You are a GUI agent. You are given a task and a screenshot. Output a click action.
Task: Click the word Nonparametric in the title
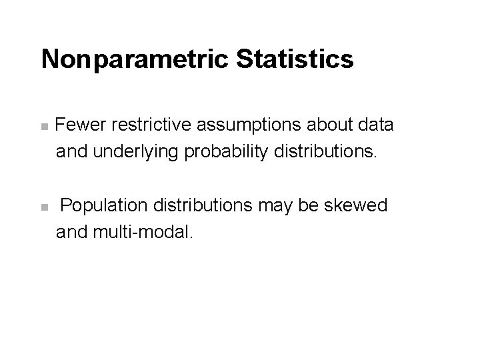pos(134,59)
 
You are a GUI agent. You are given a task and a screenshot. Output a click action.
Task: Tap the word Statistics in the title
pos(294,59)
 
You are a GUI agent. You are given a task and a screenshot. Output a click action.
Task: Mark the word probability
pos(223,153)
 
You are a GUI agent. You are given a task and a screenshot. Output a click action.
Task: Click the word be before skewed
pos(312,206)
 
